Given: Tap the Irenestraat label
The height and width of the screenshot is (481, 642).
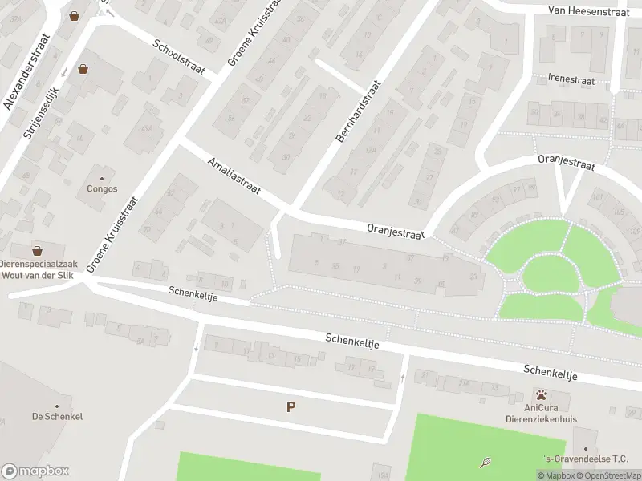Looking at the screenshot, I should tap(571, 80).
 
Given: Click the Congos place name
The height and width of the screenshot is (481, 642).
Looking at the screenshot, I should tap(102, 189).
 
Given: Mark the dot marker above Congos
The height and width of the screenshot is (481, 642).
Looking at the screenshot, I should tap(102, 178).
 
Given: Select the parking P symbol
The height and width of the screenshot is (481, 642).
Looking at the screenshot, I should tap(291, 406).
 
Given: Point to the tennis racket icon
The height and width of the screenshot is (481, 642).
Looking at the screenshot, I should tap(486, 462).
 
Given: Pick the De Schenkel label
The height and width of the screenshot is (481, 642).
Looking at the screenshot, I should tap(57, 416).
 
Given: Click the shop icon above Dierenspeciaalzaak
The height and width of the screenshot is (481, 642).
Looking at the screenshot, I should tap(37, 250).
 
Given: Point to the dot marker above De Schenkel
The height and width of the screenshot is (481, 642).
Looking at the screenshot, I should tap(57, 406).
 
